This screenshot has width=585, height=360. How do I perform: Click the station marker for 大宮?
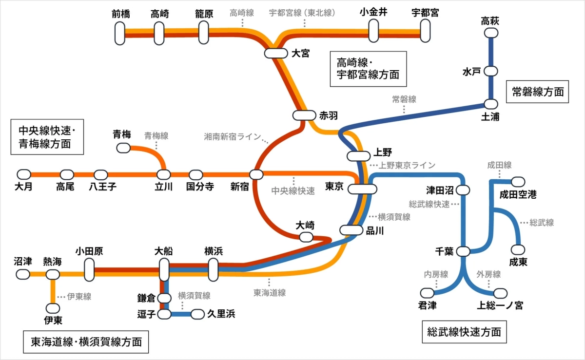276,53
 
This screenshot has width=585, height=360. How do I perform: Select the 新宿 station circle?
256,174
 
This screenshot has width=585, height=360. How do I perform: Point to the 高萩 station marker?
490,33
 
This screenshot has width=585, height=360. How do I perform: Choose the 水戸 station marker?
490,71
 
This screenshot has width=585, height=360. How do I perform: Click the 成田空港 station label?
518,195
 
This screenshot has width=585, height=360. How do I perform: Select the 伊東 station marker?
53,308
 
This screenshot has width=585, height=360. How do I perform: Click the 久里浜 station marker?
197,314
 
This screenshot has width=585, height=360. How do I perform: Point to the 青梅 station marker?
122,148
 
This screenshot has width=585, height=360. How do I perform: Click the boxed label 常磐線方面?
538,92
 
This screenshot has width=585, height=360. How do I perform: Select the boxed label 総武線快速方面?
464,332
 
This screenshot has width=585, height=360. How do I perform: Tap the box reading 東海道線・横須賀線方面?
86,342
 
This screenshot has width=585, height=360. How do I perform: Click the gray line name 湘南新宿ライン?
233,137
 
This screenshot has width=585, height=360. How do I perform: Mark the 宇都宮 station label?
425,13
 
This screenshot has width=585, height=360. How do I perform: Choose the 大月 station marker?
23,174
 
